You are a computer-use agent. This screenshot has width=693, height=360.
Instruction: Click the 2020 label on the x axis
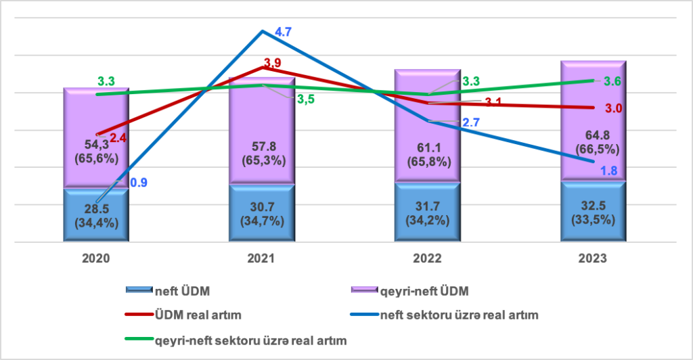[95, 258]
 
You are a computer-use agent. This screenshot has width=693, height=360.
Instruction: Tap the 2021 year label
[261, 258]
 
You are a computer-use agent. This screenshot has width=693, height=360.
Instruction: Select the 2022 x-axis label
[427, 258]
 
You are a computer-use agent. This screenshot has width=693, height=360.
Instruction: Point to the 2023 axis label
[593, 258]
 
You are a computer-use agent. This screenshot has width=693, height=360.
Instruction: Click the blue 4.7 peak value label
[284, 32]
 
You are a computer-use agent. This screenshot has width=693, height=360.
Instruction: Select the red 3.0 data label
[613, 108]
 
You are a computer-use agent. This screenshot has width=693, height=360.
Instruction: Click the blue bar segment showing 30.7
[261, 212]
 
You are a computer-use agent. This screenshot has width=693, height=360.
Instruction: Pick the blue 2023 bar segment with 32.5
[593, 211]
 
